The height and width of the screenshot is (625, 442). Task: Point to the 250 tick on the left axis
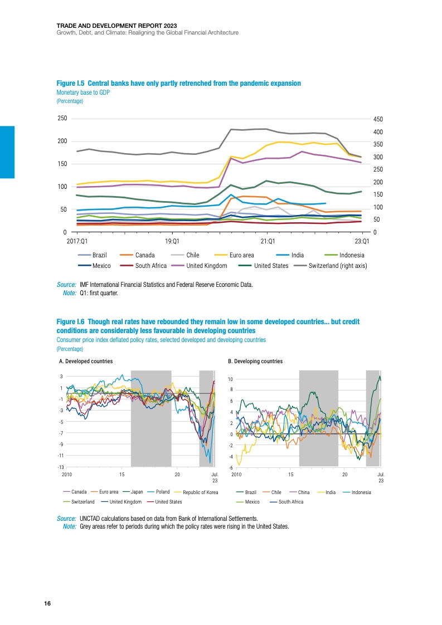tap(62, 118)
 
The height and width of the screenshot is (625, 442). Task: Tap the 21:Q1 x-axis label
tap(268, 241)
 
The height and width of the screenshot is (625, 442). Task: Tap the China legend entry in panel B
tap(304, 492)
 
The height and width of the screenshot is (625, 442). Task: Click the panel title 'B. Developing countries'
tap(255, 362)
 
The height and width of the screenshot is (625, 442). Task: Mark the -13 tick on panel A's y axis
tap(61, 467)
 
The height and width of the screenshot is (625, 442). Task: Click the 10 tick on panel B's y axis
tap(230, 379)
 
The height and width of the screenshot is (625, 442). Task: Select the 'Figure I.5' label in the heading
tap(71, 83)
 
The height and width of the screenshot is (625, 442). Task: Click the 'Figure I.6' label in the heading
tap(71, 323)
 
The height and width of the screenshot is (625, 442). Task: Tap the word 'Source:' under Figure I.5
tap(67, 285)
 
